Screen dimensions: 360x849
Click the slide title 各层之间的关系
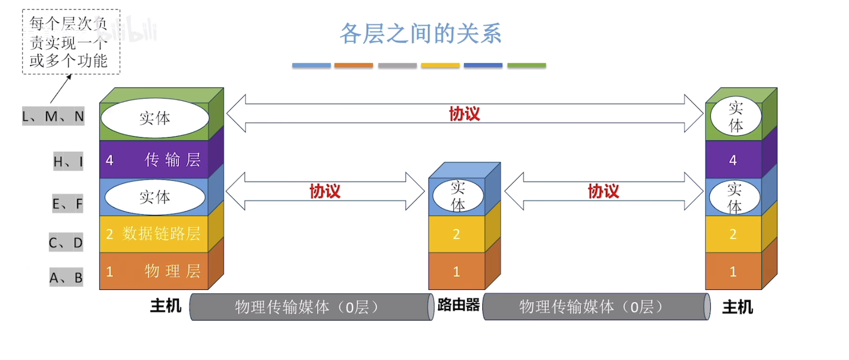pos(420,34)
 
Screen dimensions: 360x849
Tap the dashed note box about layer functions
pos(71,42)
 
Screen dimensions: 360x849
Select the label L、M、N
pos(53,117)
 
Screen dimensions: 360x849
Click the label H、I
pos(68,162)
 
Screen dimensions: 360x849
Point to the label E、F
pos(68,204)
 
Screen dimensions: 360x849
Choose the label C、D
pos(66,243)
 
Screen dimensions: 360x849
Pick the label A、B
pos(66,277)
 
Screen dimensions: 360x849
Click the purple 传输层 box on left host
pos(154,160)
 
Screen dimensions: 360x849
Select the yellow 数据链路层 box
pos(154,234)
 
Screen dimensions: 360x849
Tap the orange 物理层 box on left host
pos(154,271)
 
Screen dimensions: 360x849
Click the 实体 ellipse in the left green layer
pos(155,118)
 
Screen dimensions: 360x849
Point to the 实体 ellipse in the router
pos(458,196)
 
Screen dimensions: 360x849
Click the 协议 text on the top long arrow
pos(464,114)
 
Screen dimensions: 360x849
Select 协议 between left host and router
pos(325,191)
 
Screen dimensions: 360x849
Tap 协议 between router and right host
pos(603,191)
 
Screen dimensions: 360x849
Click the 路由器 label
pos(458,305)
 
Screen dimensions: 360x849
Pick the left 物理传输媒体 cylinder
pos(311,307)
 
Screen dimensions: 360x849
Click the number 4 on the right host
pos(733,160)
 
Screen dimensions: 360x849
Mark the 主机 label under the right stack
pos(737,307)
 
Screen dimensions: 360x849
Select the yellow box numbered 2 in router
pos(456,234)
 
